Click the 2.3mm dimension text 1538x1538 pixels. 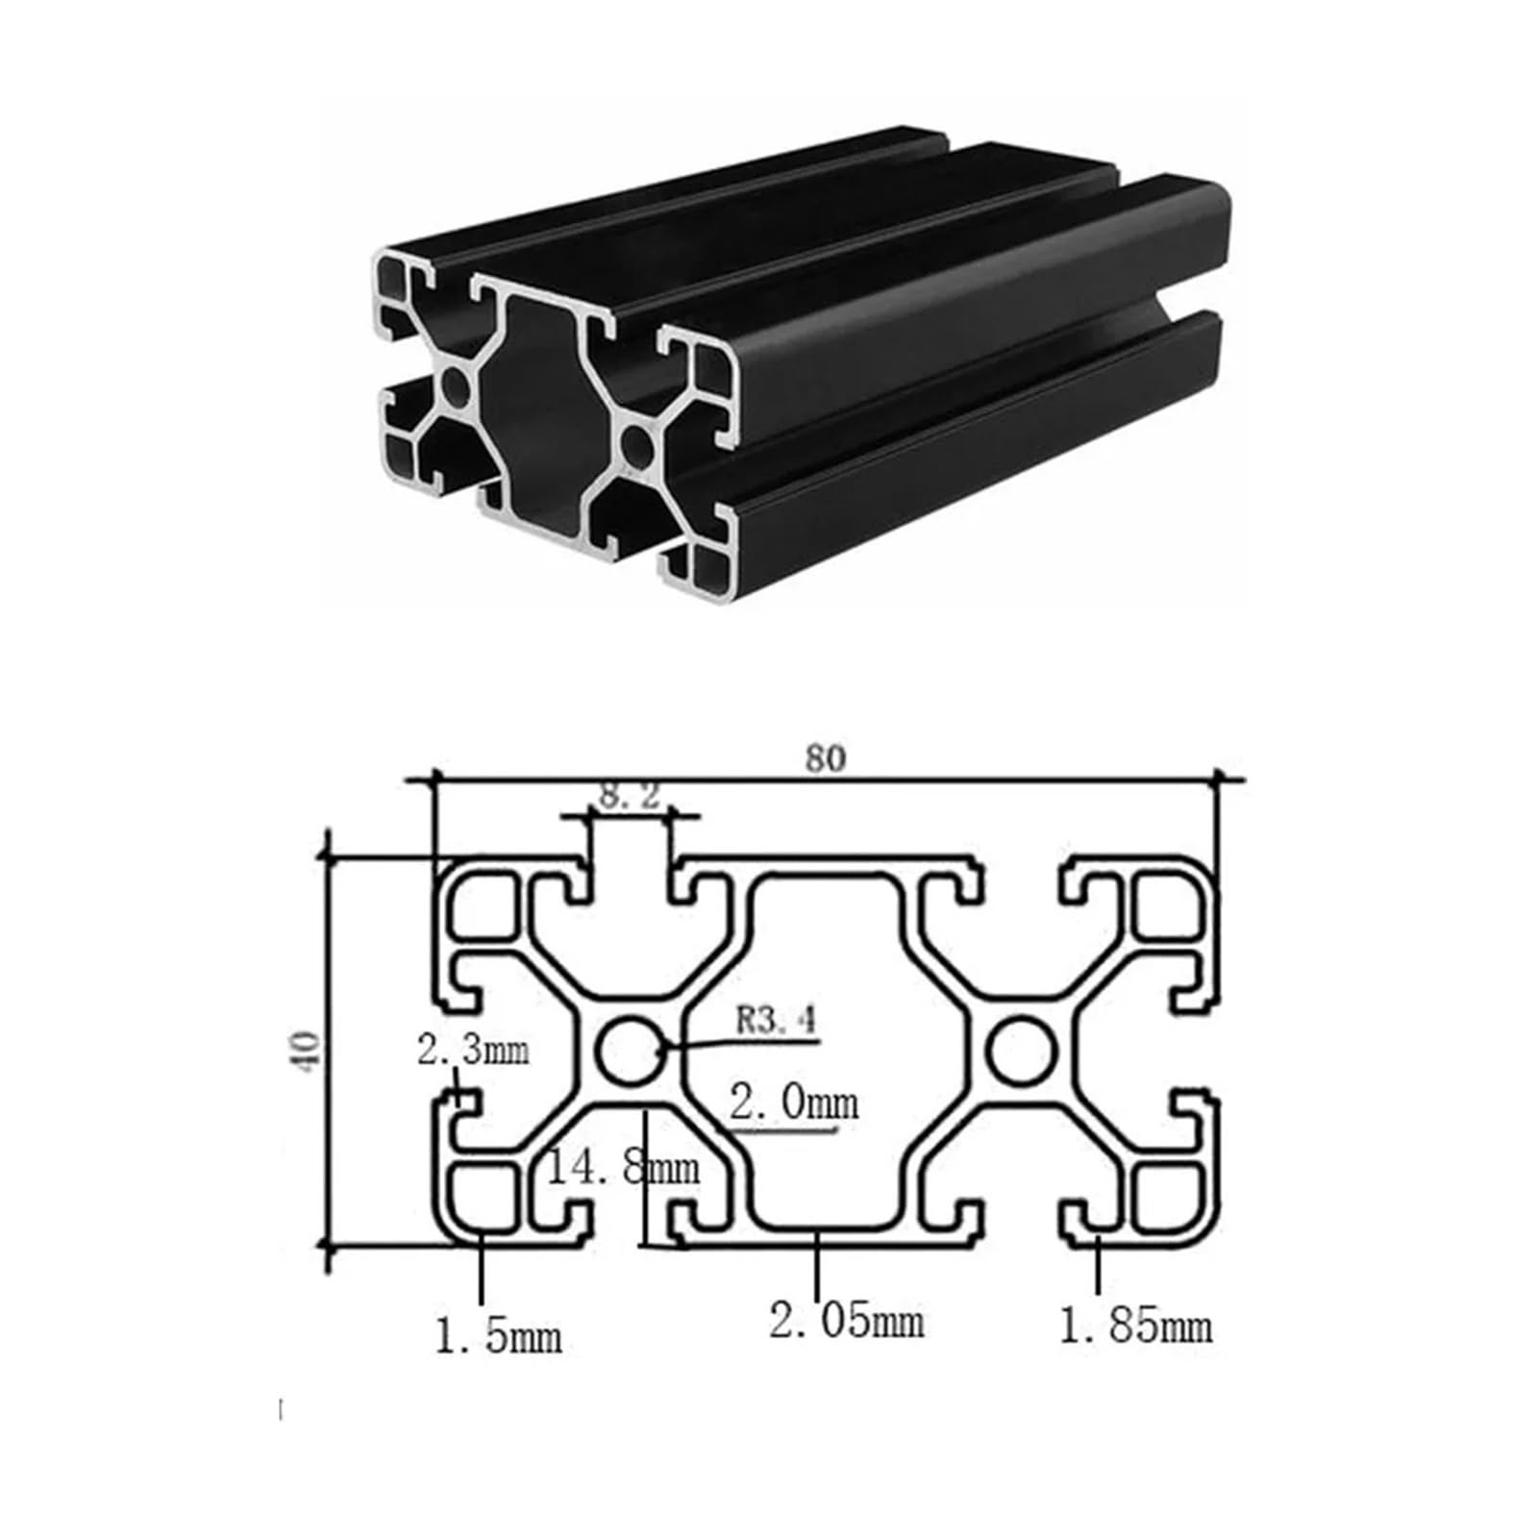(x=473, y=1050)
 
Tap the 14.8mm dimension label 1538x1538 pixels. (x=623, y=1168)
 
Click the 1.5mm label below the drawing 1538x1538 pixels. (x=498, y=1336)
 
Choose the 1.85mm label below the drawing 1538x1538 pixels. (x=1135, y=1327)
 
